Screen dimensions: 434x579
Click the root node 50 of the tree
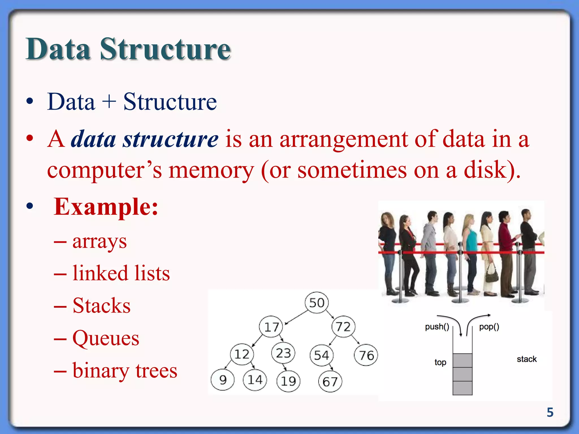coord(317,303)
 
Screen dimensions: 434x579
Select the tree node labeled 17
coord(271,327)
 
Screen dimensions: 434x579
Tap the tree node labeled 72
coord(343,327)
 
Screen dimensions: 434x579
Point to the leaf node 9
coord(222,380)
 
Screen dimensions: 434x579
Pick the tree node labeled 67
coord(330,382)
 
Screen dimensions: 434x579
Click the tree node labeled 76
coord(366,355)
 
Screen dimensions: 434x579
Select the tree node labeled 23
coord(283,353)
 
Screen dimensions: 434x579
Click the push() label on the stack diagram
coord(437,327)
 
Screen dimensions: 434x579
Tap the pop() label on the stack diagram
coord(489,327)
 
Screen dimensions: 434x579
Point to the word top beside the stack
coord(440,362)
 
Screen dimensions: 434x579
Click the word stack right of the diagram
coord(526,359)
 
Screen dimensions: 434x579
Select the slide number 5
coord(550,412)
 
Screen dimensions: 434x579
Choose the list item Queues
coord(106,338)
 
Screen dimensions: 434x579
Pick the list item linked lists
coord(121,273)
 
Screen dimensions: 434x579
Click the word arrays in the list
coord(100,242)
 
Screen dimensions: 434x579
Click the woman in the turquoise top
coord(470,249)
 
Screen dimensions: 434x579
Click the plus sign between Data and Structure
coord(109,102)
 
